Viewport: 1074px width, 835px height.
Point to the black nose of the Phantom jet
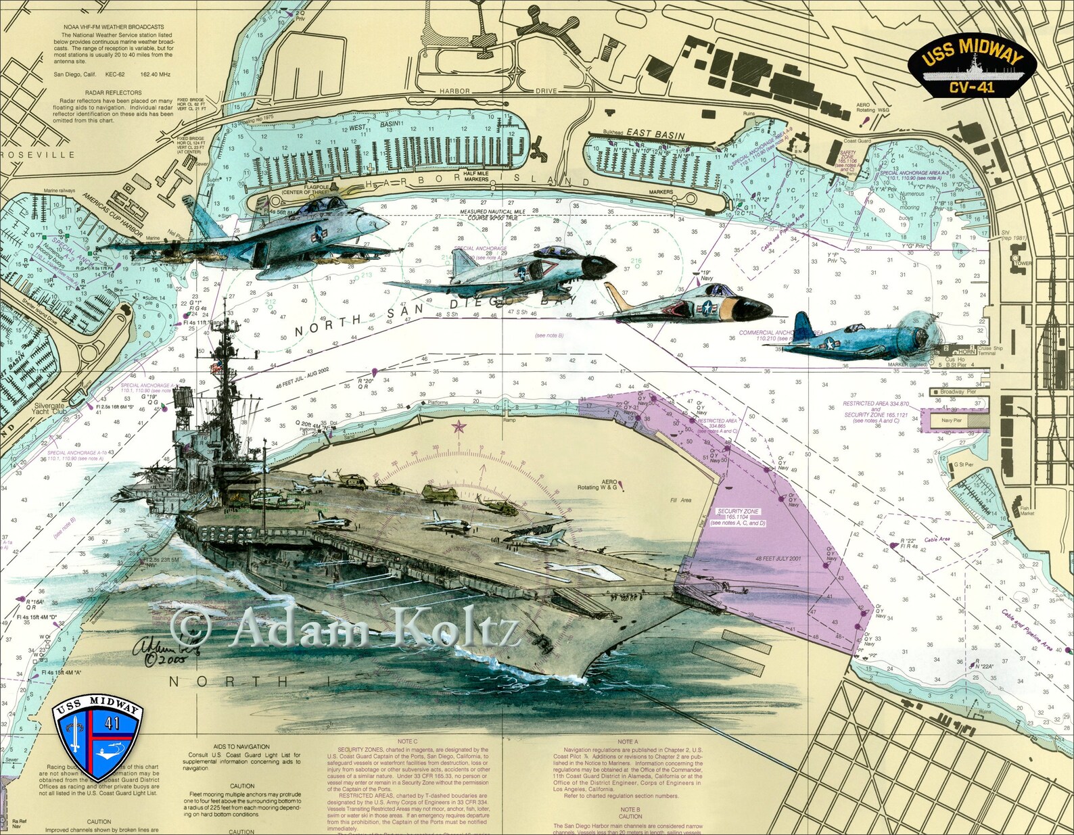[598, 267]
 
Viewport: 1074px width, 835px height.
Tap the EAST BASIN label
[655, 134]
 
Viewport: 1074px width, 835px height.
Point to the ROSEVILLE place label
[38, 155]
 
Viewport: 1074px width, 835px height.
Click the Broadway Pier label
[958, 392]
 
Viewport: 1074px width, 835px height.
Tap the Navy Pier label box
[952, 421]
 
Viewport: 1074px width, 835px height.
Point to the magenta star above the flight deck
[459, 427]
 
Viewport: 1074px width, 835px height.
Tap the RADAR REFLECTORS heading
[114, 93]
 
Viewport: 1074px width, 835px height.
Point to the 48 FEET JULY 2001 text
[778, 559]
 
